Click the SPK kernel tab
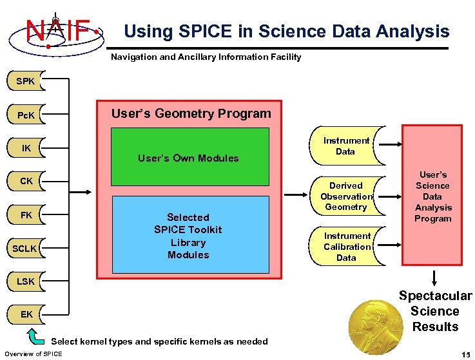click(26, 82)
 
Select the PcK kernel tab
click(26, 115)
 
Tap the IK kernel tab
click(26, 149)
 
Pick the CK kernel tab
click(26, 182)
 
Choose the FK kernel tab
click(26, 214)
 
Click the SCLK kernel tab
click(26, 248)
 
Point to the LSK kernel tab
click(26, 281)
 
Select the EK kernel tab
click(26, 314)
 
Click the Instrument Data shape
click(346, 146)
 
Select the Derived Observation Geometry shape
click(346, 196)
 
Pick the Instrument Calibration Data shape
click(346, 247)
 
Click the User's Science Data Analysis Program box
click(432, 196)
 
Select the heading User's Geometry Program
click(191, 114)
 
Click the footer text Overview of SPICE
click(34, 354)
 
